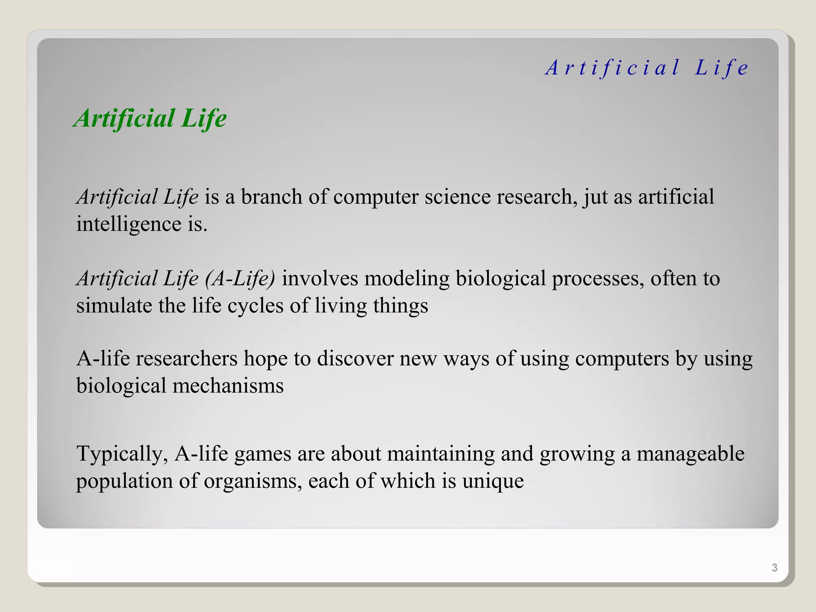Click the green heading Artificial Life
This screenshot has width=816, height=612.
[150, 119]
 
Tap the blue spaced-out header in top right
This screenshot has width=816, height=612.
[647, 67]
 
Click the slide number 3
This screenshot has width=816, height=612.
[774, 567]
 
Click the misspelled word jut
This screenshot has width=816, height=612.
[595, 197]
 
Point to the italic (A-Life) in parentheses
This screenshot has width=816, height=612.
[240, 279]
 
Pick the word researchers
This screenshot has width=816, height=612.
[186, 359]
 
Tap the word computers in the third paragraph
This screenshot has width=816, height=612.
[622, 359]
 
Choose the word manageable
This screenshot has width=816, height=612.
[690, 454]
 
